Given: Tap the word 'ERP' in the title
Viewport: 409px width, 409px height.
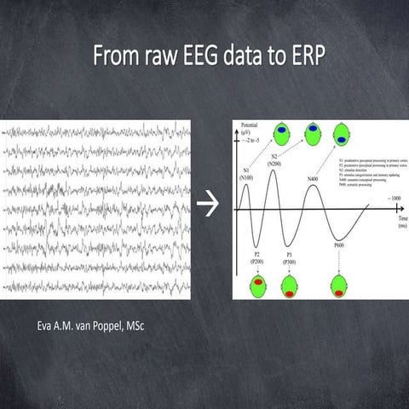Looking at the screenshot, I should tap(296, 59).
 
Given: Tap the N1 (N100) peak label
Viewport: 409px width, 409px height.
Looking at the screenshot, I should tap(245, 176).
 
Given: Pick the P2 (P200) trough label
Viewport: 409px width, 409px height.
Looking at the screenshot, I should tap(256, 258).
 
